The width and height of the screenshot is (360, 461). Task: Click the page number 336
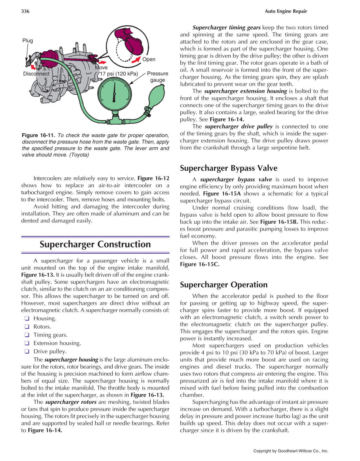click(x=25, y=11)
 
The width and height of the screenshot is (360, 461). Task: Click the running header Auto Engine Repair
click(x=286, y=11)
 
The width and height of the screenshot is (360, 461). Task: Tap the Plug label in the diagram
click(x=27, y=41)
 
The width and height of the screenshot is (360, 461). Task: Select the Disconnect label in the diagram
click(x=36, y=74)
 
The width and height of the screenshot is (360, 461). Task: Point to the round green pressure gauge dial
click(x=114, y=94)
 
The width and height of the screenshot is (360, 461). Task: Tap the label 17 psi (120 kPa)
click(x=119, y=74)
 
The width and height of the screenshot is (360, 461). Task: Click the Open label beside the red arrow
click(x=149, y=59)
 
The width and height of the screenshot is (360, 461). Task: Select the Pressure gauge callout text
click(x=157, y=77)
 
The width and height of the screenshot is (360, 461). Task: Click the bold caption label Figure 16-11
click(x=38, y=135)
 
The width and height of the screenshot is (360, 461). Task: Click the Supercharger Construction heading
click(x=95, y=244)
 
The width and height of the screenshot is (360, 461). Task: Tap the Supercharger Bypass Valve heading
click(x=228, y=168)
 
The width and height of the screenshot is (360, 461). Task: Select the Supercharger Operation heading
click(x=223, y=285)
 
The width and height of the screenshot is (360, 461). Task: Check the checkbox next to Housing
click(x=27, y=318)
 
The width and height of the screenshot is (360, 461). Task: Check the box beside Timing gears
click(x=27, y=335)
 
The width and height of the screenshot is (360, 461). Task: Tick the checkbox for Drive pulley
click(x=27, y=351)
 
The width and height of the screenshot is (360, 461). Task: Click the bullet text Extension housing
click(x=57, y=343)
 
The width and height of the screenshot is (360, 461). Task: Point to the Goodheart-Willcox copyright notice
click(x=291, y=451)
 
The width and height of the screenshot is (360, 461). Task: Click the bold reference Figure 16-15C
click(x=199, y=264)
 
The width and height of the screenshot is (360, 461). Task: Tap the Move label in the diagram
click(x=101, y=67)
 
